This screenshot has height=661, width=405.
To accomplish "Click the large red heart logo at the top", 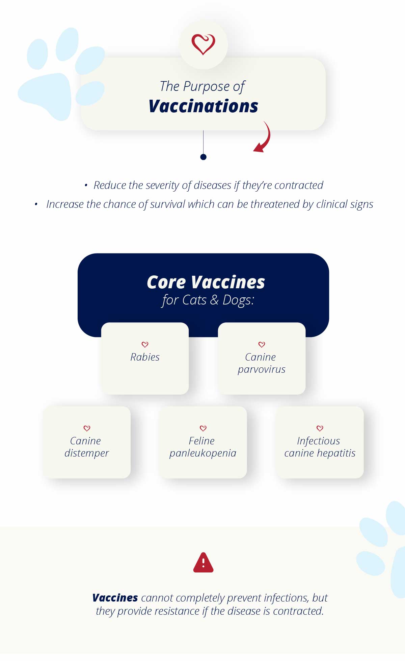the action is click(203, 44).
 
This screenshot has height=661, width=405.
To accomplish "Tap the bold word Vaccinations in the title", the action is click(203, 106).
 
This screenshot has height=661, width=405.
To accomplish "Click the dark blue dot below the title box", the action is click(203, 157).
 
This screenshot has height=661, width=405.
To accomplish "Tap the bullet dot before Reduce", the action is click(86, 185).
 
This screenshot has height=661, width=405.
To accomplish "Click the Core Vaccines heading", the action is click(206, 282).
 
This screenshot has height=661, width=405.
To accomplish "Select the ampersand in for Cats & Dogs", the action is click(214, 300).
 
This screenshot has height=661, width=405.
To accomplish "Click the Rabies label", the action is click(145, 357).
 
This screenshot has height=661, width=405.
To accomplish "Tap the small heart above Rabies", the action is click(145, 344).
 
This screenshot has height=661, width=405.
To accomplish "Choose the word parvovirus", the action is click(262, 370).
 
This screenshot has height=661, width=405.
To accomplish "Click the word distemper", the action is click(87, 453).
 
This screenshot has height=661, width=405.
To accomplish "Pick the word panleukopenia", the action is click(203, 453).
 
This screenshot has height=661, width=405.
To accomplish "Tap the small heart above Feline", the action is click(203, 428).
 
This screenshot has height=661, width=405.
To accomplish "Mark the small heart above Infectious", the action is click(320, 428).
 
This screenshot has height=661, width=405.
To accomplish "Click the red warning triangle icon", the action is click(203, 563).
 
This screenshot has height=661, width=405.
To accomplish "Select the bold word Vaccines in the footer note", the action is click(115, 598).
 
